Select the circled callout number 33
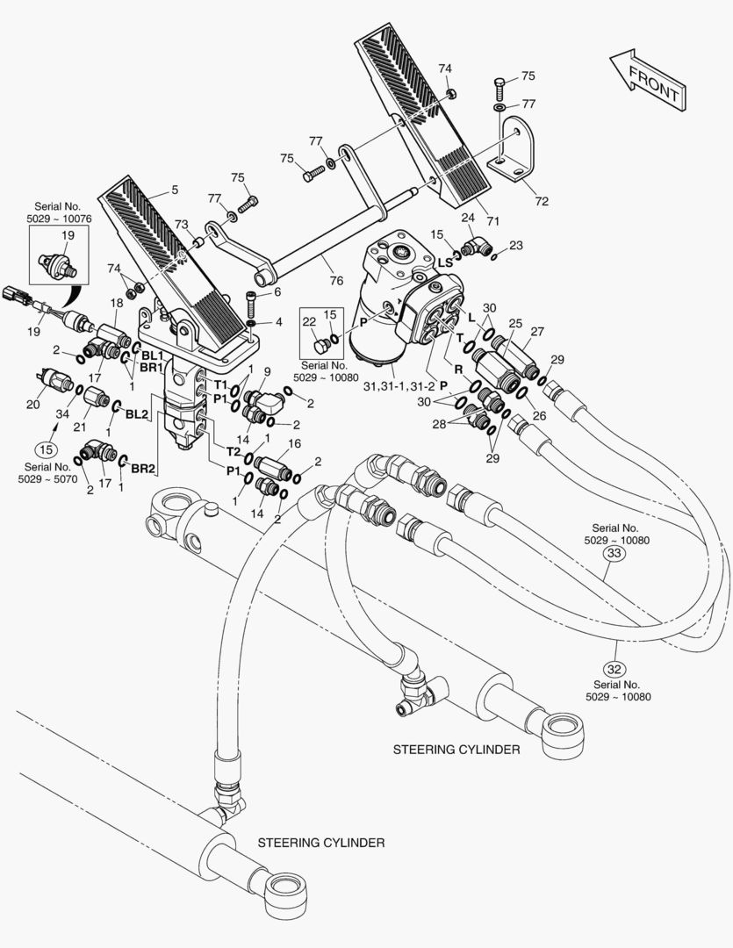pyautogui.click(x=614, y=554)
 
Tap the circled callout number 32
pyautogui.click(x=614, y=652)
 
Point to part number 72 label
pyautogui.click(x=542, y=201)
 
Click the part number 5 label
pyautogui.click(x=174, y=190)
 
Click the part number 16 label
pyautogui.click(x=294, y=443)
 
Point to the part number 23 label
pyautogui.click(x=515, y=246)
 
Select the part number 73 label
pyautogui.click(x=181, y=224)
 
